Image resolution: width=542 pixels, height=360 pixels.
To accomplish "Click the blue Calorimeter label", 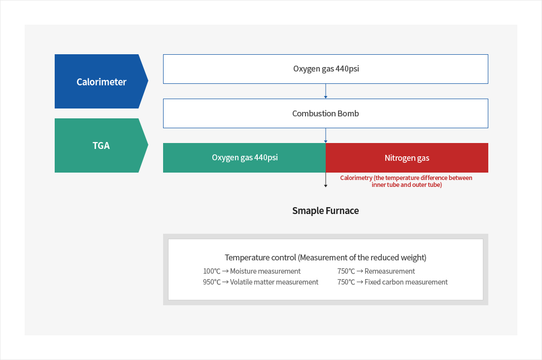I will click(x=101, y=82).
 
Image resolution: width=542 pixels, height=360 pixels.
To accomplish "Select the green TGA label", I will click(x=101, y=145).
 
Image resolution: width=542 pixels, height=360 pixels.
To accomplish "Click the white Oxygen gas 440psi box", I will click(x=326, y=69).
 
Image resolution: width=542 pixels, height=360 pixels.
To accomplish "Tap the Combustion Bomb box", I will click(x=326, y=113).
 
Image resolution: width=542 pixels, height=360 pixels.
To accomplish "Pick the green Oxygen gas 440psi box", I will click(x=244, y=158).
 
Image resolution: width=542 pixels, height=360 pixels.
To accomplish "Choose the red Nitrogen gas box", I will click(x=407, y=158).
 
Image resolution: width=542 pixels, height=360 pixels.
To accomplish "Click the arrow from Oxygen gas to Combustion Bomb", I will click(x=326, y=91).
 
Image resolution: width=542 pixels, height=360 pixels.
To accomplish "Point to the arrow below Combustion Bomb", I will click(x=326, y=136).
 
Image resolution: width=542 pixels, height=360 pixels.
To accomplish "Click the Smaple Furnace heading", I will click(x=326, y=211).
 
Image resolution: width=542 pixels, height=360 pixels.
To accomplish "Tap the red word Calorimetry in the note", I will click(x=356, y=178).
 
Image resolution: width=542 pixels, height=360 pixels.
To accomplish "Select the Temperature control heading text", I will click(x=326, y=257).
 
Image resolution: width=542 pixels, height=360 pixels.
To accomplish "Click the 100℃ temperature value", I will click(x=211, y=271).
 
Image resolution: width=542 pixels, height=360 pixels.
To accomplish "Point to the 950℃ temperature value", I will click(x=211, y=282).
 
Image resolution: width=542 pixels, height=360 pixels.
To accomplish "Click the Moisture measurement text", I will click(x=265, y=271).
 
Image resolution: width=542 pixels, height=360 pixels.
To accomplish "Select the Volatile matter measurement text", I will click(x=274, y=282).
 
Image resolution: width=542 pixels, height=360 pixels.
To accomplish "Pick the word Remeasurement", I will click(x=390, y=271).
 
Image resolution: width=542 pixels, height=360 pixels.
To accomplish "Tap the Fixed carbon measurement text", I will click(x=406, y=282).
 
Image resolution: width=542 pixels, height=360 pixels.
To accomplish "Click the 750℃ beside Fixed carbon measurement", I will click(x=346, y=282).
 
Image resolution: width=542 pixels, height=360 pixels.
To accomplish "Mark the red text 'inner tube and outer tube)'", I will click(x=406, y=185).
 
